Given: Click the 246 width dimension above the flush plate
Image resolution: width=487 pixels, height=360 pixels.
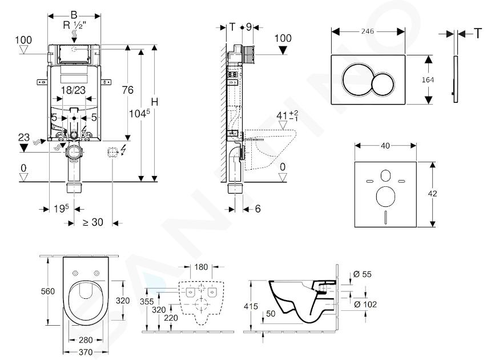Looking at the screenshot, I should tap(369, 32).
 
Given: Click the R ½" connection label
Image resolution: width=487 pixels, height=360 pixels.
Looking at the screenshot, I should tap(75, 25).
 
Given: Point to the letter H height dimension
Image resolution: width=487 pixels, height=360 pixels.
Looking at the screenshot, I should tap(154, 101).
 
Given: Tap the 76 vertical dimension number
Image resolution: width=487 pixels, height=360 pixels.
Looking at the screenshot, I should tap(128, 90).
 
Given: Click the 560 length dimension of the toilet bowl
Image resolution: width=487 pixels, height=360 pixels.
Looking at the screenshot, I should tap(48, 291).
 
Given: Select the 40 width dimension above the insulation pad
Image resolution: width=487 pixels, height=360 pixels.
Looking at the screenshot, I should tap(385, 146).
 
